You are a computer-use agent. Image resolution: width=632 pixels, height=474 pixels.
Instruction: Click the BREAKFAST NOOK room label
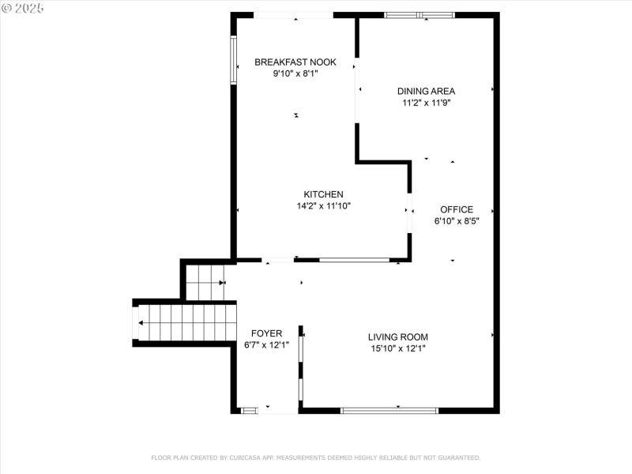coord(295,62)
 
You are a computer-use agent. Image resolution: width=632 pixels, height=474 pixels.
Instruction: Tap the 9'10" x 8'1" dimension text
coord(295,73)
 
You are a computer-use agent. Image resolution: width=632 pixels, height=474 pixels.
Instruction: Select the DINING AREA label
coord(426,91)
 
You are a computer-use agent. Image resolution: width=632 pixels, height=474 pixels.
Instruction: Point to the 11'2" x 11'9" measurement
coord(426,103)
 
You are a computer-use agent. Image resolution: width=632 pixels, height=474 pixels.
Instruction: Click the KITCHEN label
coord(323,194)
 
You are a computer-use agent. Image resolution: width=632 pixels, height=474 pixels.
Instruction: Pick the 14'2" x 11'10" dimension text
coord(323,205)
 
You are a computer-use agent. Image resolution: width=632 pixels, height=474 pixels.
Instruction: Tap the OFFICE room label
coord(457,209)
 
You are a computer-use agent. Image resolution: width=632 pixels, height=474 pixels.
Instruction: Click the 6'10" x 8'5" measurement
coord(457,221)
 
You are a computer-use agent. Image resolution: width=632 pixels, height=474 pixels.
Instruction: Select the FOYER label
coord(266,333)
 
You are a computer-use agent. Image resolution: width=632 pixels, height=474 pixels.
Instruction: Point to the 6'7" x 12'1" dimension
coord(266,345)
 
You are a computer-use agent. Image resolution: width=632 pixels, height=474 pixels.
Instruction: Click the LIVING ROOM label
coord(398,337)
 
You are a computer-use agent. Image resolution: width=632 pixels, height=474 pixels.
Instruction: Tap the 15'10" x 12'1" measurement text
coord(398,348)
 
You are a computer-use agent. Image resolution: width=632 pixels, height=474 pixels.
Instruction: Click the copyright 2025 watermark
coord(23,8)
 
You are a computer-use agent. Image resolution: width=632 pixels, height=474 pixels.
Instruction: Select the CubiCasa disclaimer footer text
coord(315,457)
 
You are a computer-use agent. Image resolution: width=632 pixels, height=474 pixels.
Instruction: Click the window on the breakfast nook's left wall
coord(233,60)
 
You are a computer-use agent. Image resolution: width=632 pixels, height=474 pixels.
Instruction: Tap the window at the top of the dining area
coord(419,15)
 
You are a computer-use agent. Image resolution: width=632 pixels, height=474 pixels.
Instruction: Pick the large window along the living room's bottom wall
coord(389,411)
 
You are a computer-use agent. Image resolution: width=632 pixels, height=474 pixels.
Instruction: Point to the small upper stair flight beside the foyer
coord(205,283)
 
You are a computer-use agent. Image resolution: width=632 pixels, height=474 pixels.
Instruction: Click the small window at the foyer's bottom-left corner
coord(250,411)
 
